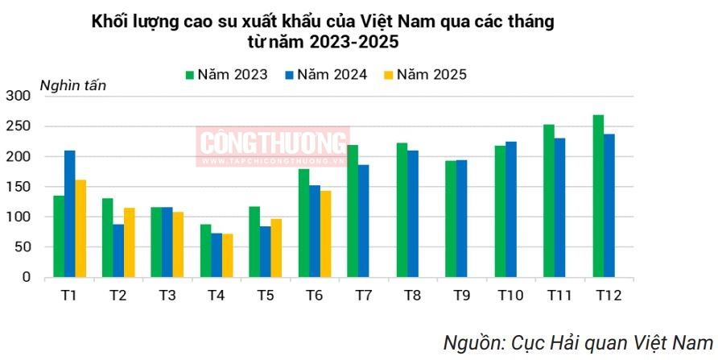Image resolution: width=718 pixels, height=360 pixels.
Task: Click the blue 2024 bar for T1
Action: pyautogui.click(x=70, y=213)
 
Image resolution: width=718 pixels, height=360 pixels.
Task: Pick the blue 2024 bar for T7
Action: pyautogui.click(x=364, y=221)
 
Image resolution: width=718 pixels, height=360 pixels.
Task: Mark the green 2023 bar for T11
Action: pyautogui.click(x=549, y=201)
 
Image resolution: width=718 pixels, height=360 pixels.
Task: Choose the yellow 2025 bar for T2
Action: pyautogui.click(x=129, y=242)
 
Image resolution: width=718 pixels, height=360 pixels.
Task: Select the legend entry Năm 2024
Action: pyautogui.click(x=325, y=75)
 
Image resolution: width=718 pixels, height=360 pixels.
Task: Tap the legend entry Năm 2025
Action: pyautogui.click(x=424, y=75)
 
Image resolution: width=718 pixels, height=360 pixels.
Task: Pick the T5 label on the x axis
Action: pyautogui.click(x=266, y=296)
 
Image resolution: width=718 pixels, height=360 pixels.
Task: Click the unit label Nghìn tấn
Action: pyautogui.click(x=72, y=85)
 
